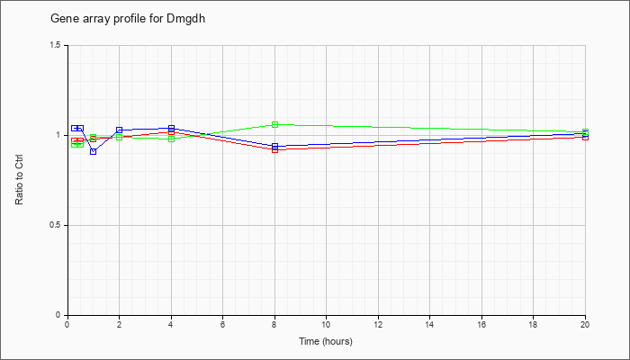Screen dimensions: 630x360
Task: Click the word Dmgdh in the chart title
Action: tap(185, 19)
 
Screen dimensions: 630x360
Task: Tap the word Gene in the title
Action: tap(60, 19)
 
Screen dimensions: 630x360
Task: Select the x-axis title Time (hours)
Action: tap(326, 341)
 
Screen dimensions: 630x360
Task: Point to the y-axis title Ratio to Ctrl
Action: tap(19, 180)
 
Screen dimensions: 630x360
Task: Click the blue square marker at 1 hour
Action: tap(94, 151)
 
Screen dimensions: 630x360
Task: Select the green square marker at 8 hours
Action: tap(274, 124)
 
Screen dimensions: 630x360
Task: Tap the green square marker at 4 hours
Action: tap(172, 139)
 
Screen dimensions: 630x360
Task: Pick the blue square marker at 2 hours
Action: tap(120, 130)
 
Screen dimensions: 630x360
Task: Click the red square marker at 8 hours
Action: tap(274, 150)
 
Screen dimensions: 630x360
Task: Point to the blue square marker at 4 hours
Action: tap(172, 128)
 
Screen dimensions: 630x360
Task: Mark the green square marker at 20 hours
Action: tap(585, 131)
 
